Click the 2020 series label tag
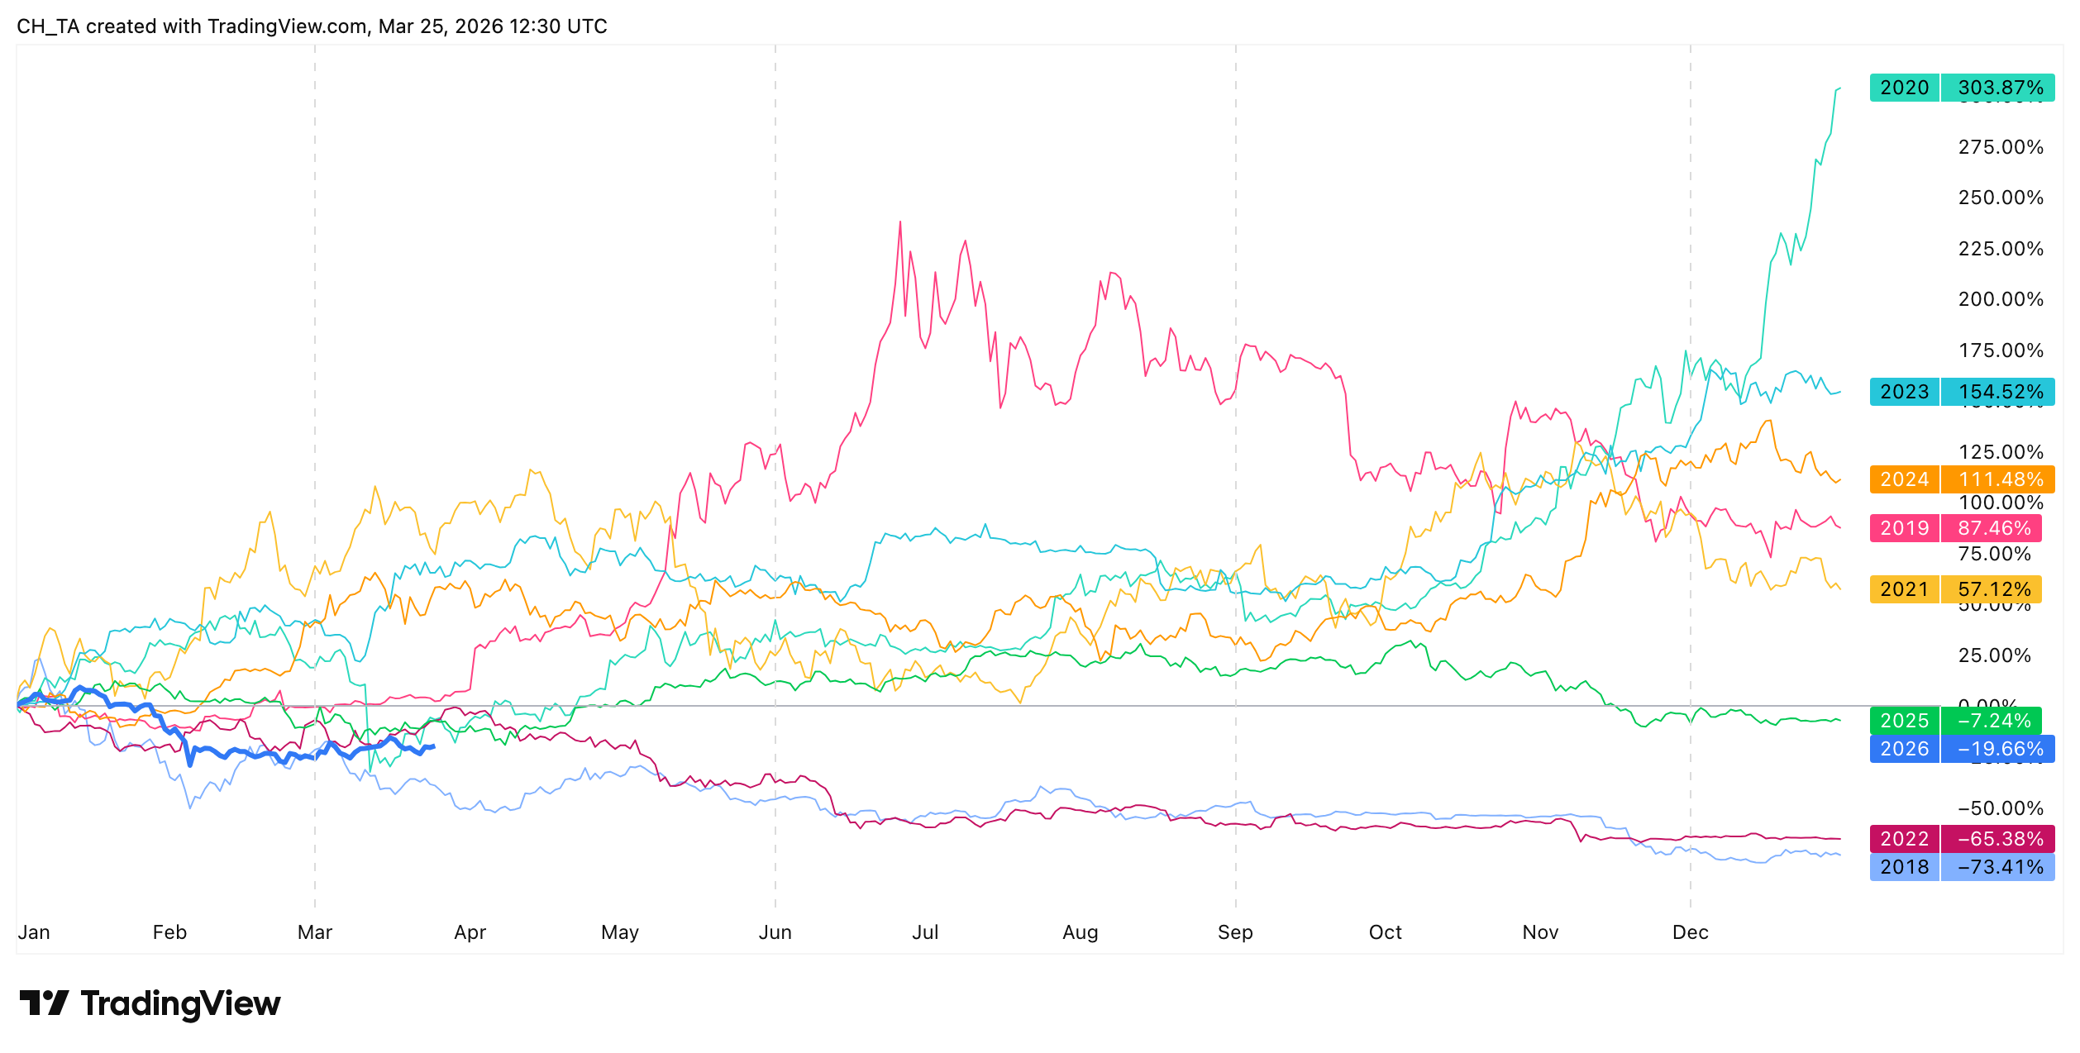tap(1904, 88)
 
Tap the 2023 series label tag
tap(1904, 392)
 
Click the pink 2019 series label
tap(1904, 528)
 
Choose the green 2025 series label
tap(1904, 721)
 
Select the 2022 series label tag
tap(1904, 839)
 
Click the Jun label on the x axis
tap(775, 932)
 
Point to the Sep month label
tap(1235, 932)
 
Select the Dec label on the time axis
tap(1690, 932)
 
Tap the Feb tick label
tap(169, 932)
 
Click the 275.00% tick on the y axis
tap(2001, 147)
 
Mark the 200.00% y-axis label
tap(2001, 299)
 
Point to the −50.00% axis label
tap(2001, 808)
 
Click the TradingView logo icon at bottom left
tap(45, 1003)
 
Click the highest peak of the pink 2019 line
tap(900, 222)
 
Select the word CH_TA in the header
tap(48, 26)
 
